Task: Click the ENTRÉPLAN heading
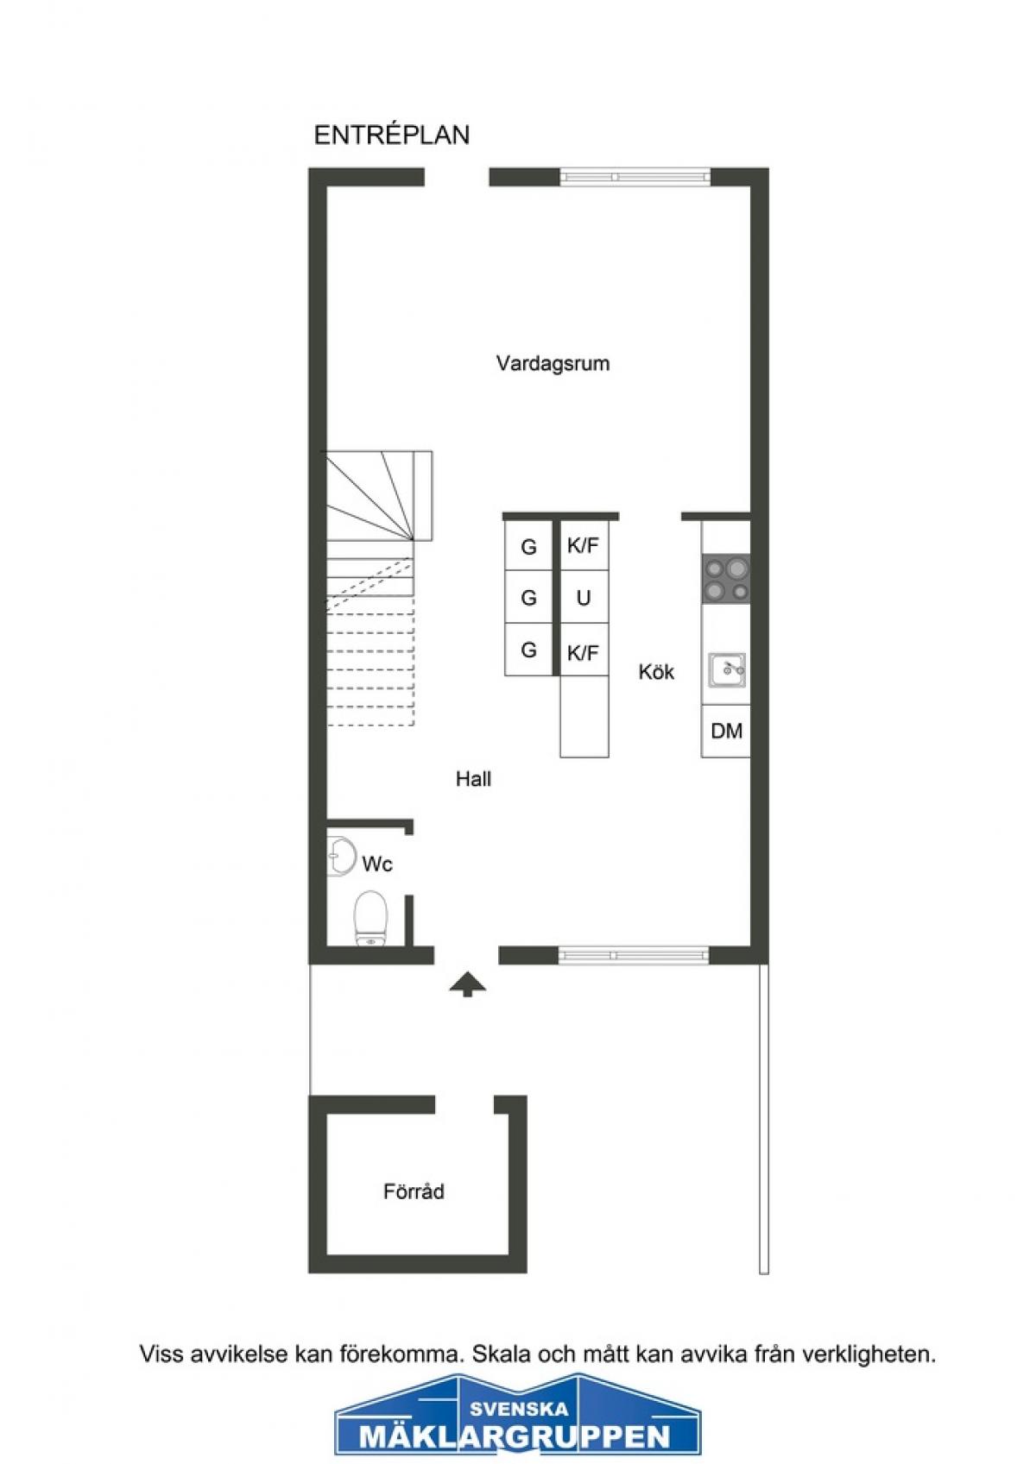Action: click(x=392, y=135)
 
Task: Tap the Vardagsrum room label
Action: click(x=553, y=363)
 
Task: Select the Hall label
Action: click(x=473, y=779)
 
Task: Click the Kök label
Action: click(x=656, y=672)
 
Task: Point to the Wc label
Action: click(x=377, y=864)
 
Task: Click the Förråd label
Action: click(x=414, y=1191)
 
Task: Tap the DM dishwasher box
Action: click(x=725, y=731)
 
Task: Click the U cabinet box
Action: click(x=584, y=597)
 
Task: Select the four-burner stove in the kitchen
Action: click(x=725, y=579)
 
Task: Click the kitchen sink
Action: click(x=727, y=670)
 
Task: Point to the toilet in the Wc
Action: click(x=371, y=919)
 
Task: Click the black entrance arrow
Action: click(x=468, y=983)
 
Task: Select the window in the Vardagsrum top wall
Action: click(x=635, y=177)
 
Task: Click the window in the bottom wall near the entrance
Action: click(x=633, y=956)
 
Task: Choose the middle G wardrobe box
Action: click(x=528, y=597)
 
